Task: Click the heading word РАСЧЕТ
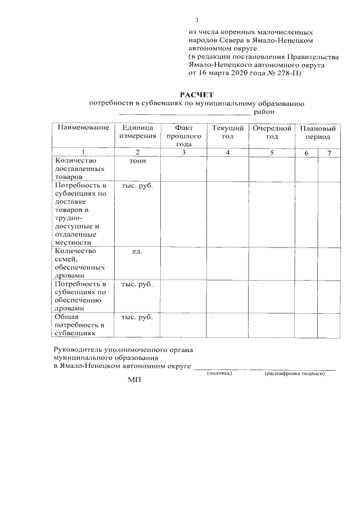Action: click(197, 94)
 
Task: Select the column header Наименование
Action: click(83, 128)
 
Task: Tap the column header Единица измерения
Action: click(137, 132)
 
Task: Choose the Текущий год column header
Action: click(227, 132)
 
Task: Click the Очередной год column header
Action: click(272, 132)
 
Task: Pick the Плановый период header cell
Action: click(318, 132)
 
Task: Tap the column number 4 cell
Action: click(227, 152)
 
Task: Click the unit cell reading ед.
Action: click(137, 251)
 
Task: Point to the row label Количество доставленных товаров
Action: click(74, 168)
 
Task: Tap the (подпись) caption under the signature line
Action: click(219, 373)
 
